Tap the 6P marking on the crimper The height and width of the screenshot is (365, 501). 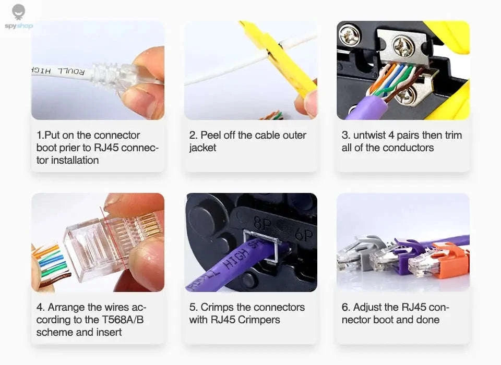303,236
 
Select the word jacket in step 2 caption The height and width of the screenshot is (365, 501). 202,148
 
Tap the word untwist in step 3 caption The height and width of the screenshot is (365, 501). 371,135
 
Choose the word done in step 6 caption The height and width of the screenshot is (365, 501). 427,320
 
